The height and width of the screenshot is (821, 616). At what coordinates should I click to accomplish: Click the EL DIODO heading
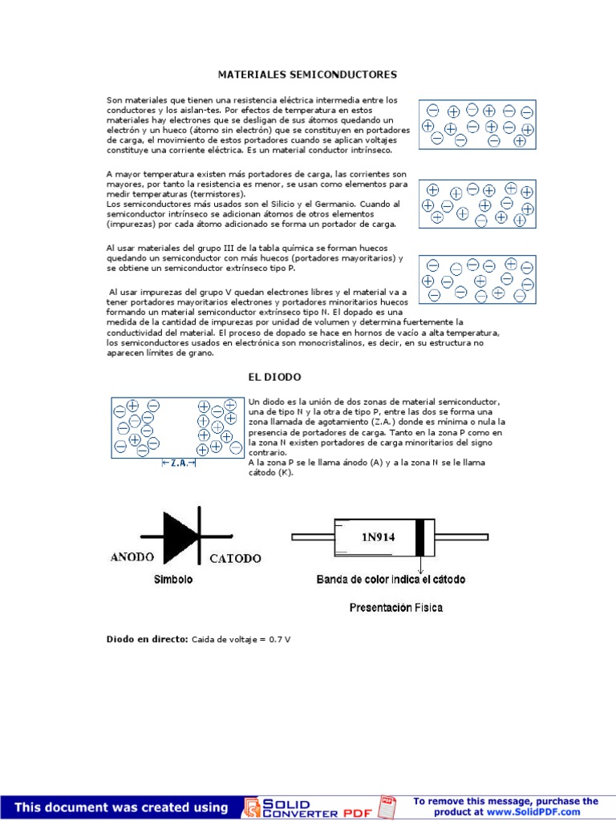[x=274, y=376]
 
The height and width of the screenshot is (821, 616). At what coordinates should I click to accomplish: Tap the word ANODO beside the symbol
[x=134, y=557]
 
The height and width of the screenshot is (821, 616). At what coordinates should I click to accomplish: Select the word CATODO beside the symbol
[x=235, y=558]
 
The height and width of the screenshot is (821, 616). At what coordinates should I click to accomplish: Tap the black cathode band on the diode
[x=419, y=536]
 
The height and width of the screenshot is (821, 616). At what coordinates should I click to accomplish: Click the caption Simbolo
[x=172, y=580]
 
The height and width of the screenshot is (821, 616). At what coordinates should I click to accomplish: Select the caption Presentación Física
[x=395, y=608]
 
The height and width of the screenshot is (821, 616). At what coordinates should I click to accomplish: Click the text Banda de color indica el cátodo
[x=391, y=579]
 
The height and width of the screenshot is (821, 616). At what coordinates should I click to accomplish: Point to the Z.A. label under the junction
[x=179, y=463]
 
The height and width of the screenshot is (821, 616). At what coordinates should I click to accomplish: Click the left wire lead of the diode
[x=312, y=536]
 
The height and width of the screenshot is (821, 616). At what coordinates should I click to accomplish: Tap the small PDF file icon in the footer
[x=387, y=807]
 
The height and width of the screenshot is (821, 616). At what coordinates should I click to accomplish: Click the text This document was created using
[x=121, y=807]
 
